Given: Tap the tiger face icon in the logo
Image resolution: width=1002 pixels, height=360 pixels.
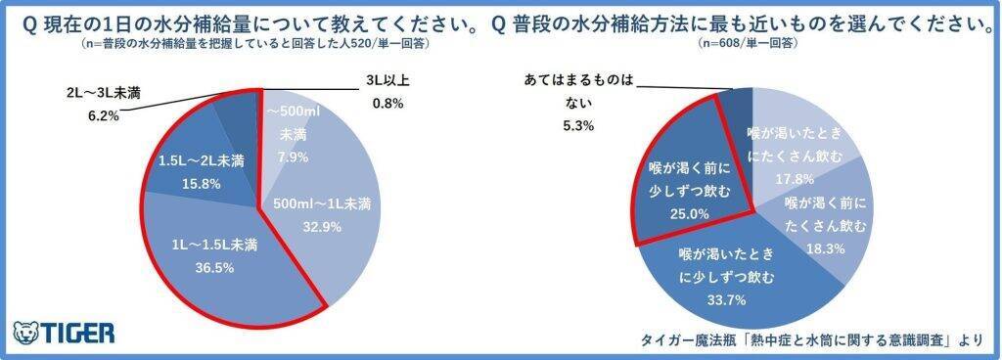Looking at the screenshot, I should pos(25,332).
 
